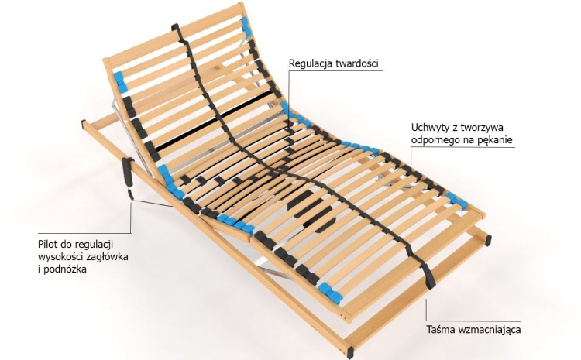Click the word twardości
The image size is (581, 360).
coord(357,63)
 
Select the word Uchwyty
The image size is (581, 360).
coord(429,129)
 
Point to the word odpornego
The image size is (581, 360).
coord(434,140)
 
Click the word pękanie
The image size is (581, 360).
coord(495,140)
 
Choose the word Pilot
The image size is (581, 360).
coord(47,245)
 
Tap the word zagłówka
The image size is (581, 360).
coord(107,257)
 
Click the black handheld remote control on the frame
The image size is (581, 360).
coord(128,172)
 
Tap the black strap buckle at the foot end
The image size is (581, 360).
coord(427,273)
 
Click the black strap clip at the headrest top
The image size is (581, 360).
coord(175,27)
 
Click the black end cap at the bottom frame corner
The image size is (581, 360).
coord(350,352)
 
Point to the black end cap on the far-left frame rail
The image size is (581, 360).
coord(84,124)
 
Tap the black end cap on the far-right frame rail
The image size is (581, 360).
coord(488,240)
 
